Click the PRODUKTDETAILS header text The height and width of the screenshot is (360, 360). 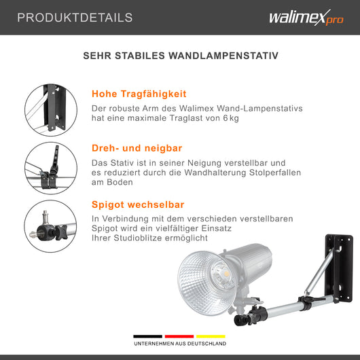pos(75,18)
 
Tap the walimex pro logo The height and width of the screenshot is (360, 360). pos(306,18)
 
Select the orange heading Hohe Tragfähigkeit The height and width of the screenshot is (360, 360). pos(139,94)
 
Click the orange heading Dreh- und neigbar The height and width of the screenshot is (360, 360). pos(137,147)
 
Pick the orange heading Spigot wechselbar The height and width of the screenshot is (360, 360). pos(138,204)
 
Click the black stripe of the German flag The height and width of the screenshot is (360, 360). pos(148,336)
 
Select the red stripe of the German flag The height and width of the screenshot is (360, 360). pos(180,336)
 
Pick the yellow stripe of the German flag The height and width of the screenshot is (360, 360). pos(211,336)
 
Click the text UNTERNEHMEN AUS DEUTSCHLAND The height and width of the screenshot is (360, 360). pos(180,344)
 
